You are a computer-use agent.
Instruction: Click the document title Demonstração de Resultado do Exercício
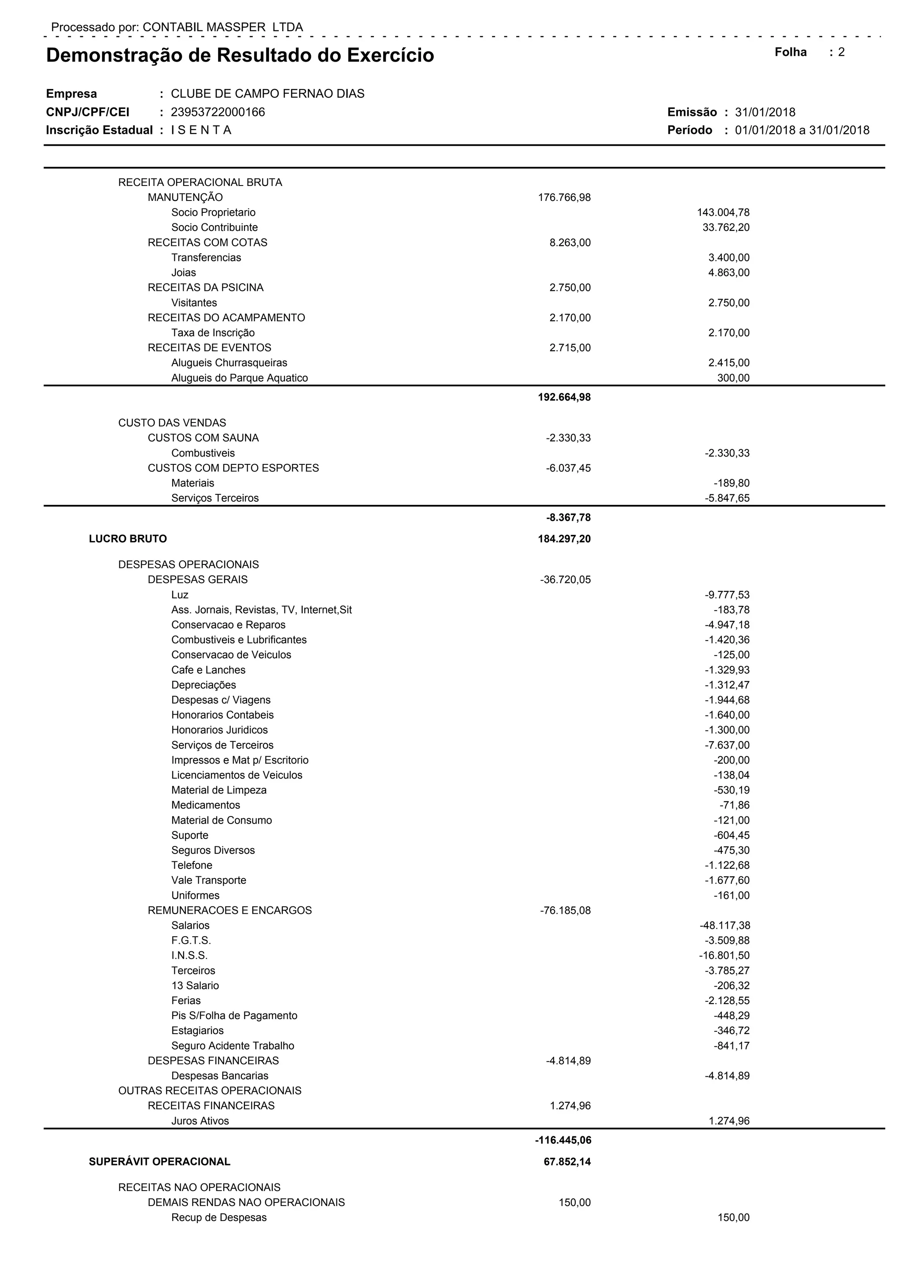[240, 56]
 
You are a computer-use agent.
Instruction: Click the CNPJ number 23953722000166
[218, 112]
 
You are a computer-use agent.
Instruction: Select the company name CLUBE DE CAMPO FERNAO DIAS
[267, 94]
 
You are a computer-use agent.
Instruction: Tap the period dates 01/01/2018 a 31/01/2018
[802, 130]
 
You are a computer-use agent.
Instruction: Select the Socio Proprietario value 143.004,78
[723, 213]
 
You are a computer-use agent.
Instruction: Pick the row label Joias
[183, 273]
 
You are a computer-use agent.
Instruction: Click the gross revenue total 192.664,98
[564, 397]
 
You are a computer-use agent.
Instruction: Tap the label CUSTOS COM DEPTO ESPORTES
[233, 468]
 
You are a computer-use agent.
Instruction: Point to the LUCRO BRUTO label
[128, 538]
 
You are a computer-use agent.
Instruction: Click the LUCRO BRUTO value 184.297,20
[564, 538]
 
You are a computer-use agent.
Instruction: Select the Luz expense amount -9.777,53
[727, 595]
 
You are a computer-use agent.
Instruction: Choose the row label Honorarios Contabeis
[222, 715]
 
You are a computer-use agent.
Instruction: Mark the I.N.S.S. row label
[189, 955]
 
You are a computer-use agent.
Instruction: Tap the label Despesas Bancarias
[219, 1076]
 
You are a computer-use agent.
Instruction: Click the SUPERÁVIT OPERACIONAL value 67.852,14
[567, 1161]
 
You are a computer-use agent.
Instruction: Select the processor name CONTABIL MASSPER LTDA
[223, 27]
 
